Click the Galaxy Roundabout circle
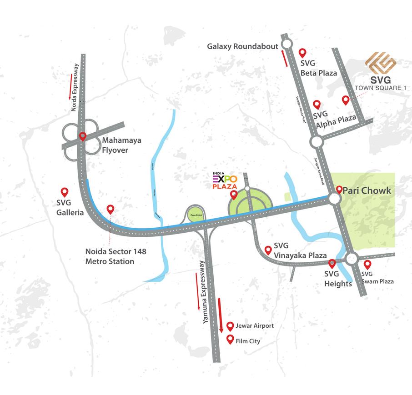coord(287,44)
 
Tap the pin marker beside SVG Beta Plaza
coord(301,53)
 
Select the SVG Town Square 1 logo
coord(381,63)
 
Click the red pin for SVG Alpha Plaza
coord(317,105)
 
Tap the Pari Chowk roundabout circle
coord(335,199)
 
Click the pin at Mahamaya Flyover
coord(83,136)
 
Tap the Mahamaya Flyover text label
coord(121,145)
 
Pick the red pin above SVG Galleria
coord(65,193)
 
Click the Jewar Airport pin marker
coord(230,326)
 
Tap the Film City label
coord(248,341)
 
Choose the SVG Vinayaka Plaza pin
coord(268,250)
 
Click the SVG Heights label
coord(338,279)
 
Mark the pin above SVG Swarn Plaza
coord(367,264)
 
